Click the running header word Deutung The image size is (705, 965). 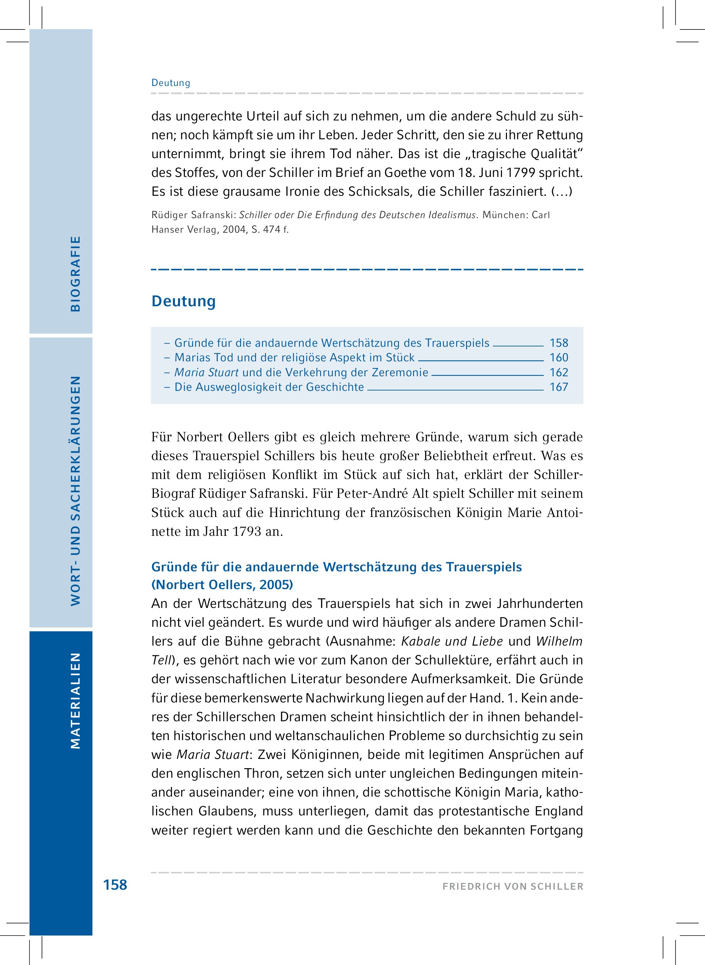pos(171,83)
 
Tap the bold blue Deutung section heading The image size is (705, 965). pos(183,301)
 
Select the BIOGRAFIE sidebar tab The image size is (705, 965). pos(75,273)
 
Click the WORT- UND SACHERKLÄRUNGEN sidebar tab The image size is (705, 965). pos(75,490)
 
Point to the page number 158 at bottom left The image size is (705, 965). pos(115,885)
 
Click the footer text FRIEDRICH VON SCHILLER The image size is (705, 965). pos(513,886)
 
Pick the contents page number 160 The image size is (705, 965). pos(559,357)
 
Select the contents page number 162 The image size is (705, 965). pos(559,372)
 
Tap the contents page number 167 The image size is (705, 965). pos(559,387)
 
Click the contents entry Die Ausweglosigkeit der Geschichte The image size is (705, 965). pos(269,387)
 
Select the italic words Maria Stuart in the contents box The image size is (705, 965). pos(206,372)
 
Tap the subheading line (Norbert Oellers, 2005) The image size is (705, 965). pos(222,584)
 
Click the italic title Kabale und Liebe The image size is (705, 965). pos(452,641)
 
